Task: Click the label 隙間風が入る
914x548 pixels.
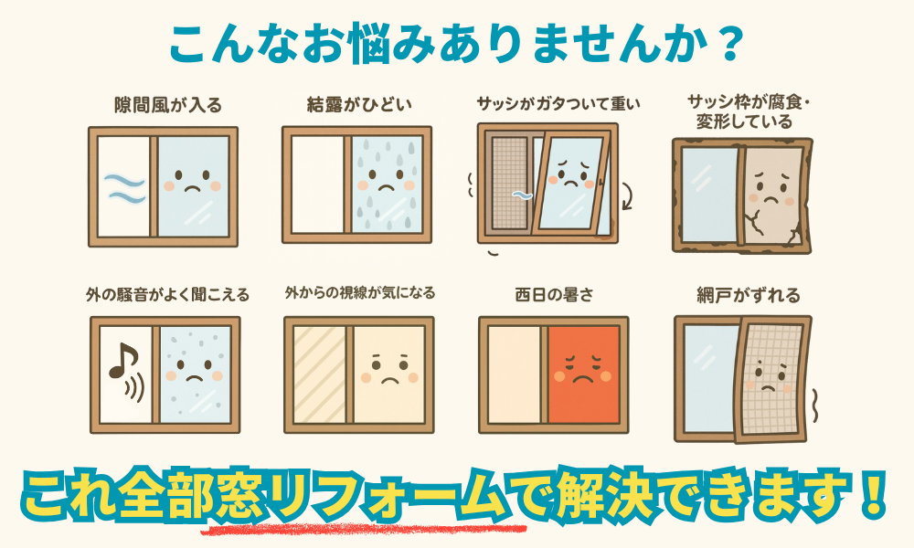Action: tap(168, 105)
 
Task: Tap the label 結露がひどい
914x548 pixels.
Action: tap(359, 105)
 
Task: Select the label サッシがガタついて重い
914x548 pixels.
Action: tap(558, 104)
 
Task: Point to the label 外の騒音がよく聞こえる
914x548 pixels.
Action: tap(168, 295)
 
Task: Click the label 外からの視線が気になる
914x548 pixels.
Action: tap(360, 292)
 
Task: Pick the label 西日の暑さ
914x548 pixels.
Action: tap(554, 295)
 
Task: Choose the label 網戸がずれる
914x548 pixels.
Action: tap(749, 295)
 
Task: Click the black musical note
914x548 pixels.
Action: tap(122, 361)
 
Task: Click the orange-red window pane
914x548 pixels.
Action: tap(583, 375)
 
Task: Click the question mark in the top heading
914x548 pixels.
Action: tap(729, 44)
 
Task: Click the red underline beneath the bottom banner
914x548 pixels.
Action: tap(364, 530)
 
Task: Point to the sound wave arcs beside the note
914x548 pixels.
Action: tap(135, 387)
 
